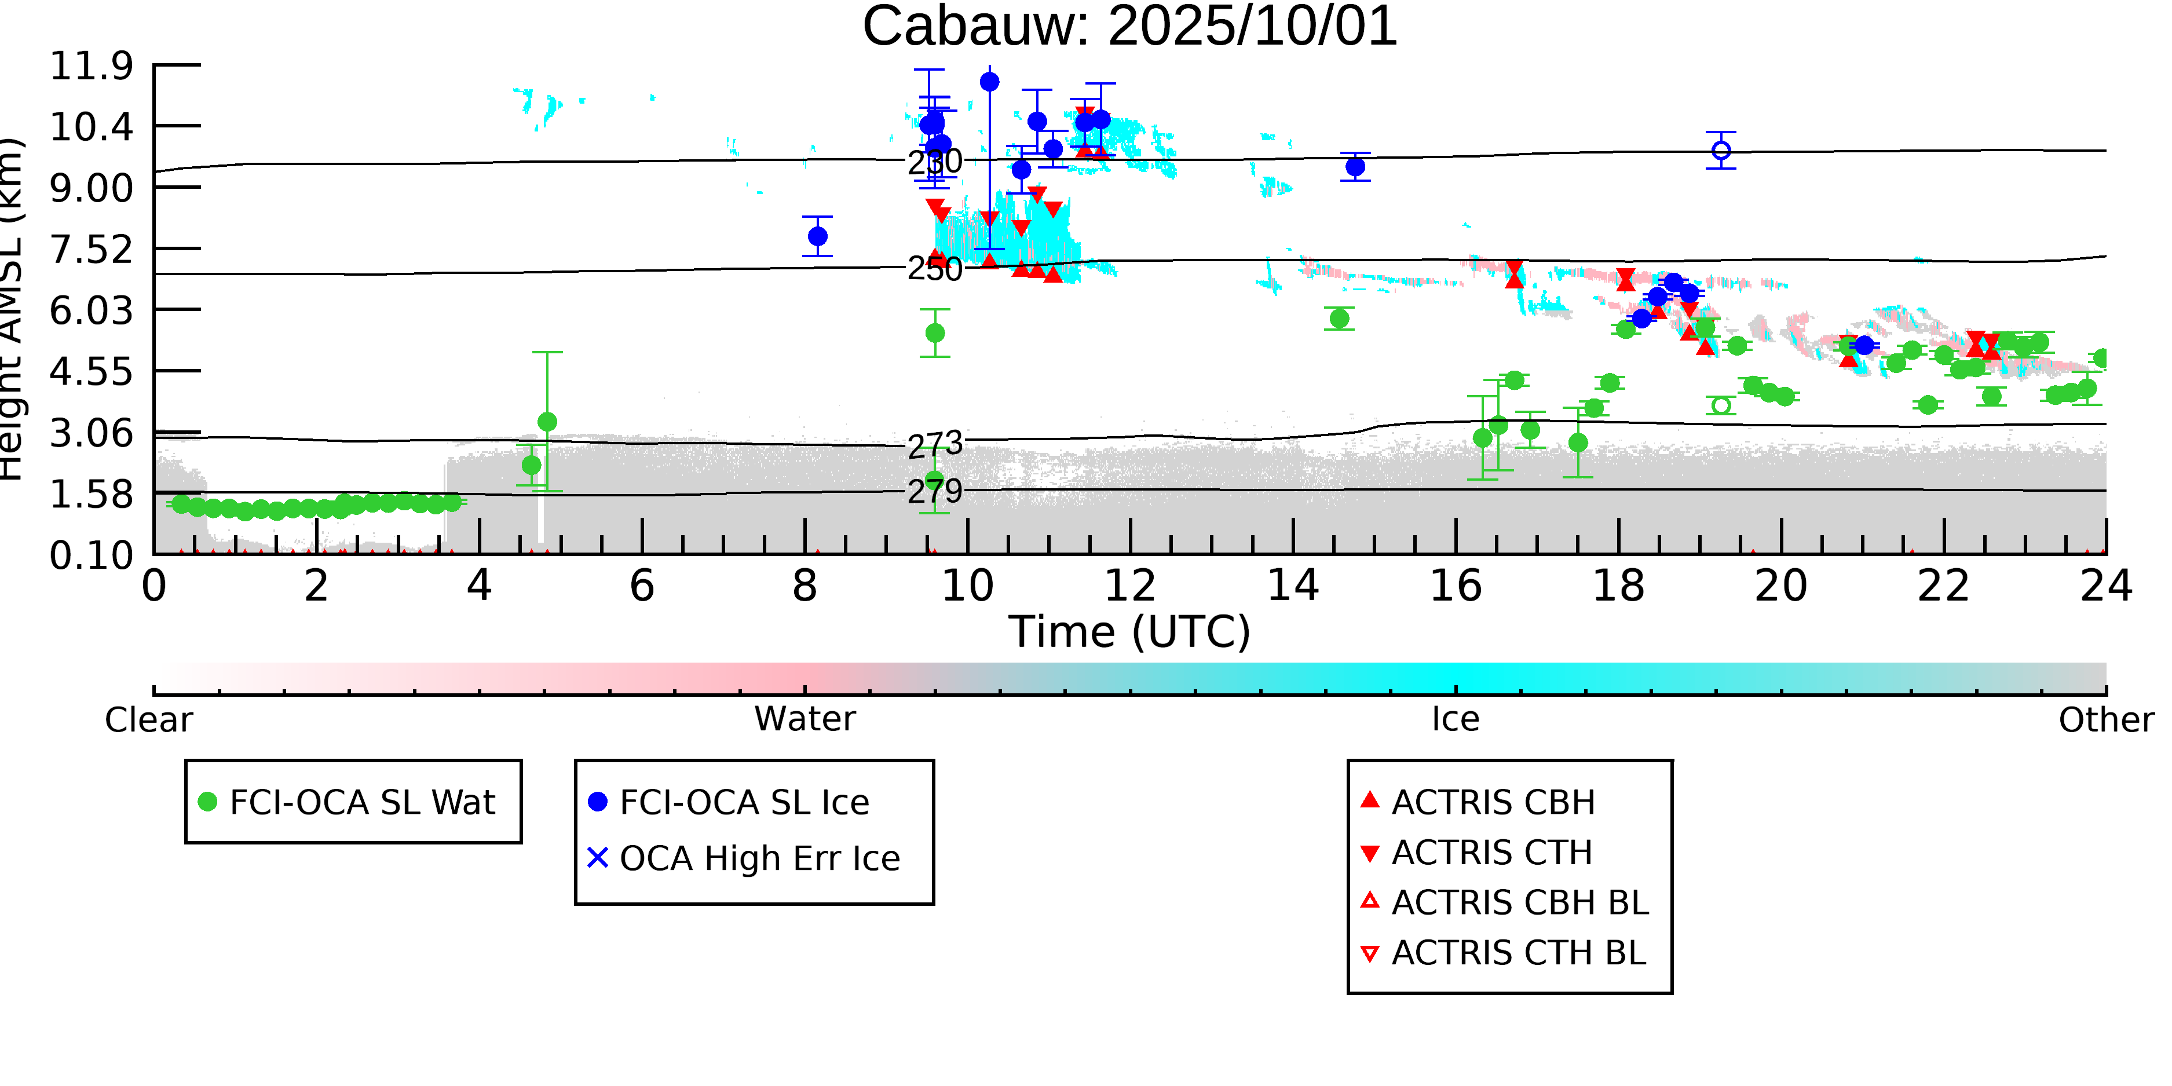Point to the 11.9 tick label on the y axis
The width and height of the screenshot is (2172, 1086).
pyautogui.click(x=91, y=66)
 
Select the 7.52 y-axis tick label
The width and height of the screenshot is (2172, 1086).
pyautogui.click(x=91, y=250)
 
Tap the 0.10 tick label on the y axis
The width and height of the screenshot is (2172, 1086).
pyautogui.click(x=91, y=555)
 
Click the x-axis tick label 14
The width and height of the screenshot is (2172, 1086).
pyautogui.click(x=1293, y=586)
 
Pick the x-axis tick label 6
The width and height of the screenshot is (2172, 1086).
pyautogui.click(x=642, y=586)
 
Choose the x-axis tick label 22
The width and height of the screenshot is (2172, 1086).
pyautogui.click(x=1943, y=586)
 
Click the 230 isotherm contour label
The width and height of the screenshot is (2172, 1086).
pyautogui.click(x=934, y=162)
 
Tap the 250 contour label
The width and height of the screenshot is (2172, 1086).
pyautogui.click(x=934, y=269)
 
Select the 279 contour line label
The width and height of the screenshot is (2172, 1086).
pyautogui.click(x=934, y=491)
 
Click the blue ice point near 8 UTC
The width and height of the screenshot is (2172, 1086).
pyautogui.click(x=817, y=236)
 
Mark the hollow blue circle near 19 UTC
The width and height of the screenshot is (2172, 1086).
pyautogui.click(x=1721, y=150)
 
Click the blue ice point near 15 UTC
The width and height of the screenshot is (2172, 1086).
pyautogui.click(x=1355, y=167)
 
